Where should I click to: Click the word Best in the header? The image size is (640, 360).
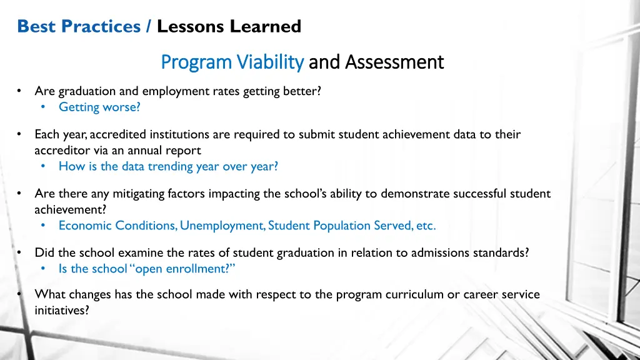[x=35, y=26]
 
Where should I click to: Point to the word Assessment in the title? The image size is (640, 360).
[x=394, y=62]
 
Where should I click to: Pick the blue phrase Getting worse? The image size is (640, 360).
[x=99, y=107]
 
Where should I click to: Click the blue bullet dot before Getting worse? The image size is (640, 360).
[x=44, y=107]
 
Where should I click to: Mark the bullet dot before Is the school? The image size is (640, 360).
[x=44, y=269]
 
